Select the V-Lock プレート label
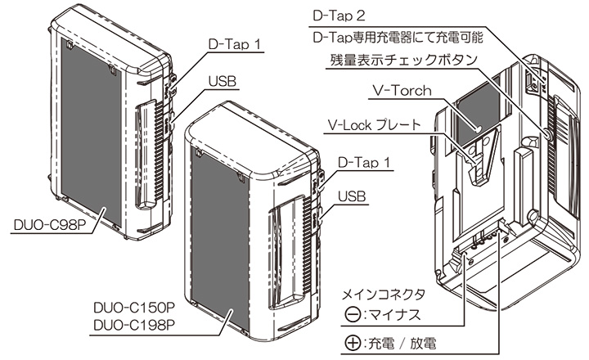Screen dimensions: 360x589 378,125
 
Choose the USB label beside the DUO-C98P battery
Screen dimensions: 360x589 222,82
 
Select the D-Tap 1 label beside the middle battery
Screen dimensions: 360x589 364,163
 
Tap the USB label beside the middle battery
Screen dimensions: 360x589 353,196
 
